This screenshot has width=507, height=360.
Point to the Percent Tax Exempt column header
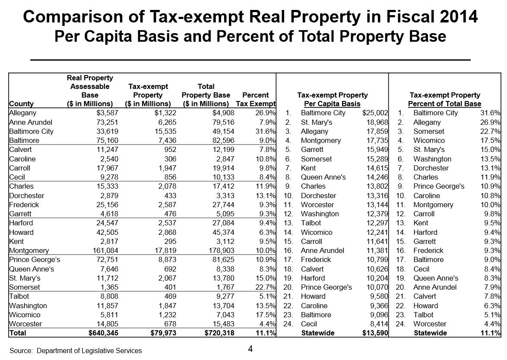pos(256,99)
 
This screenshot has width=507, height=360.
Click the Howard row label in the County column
pos(21,232)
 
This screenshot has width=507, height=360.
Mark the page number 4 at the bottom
pos(250,349)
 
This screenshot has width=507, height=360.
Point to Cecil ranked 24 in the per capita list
pos(309,324)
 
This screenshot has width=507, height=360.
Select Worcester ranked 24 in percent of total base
pos(429,324)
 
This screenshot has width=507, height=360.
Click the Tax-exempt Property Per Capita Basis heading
pos(333,99)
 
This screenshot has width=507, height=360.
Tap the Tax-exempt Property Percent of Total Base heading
pos(444,99)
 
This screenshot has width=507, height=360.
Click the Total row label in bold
pos(18,333)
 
